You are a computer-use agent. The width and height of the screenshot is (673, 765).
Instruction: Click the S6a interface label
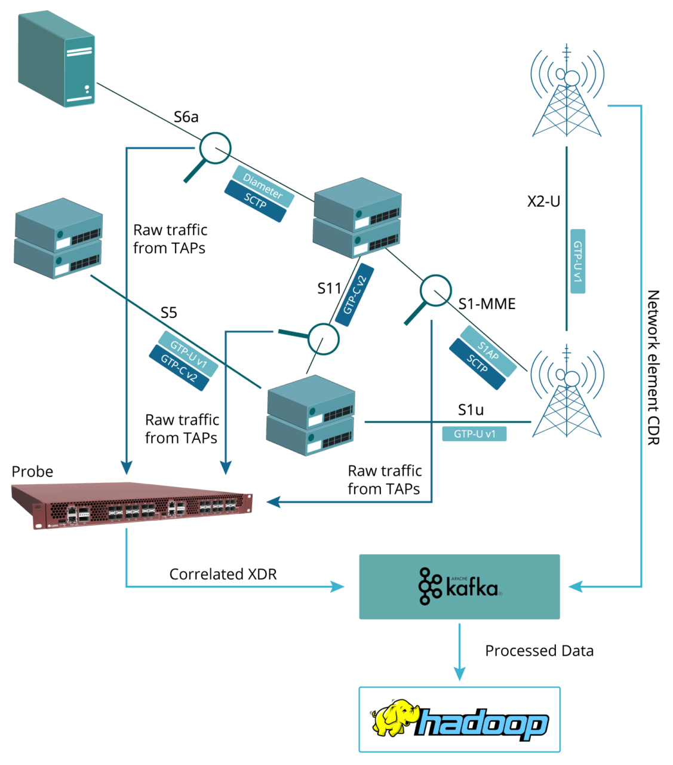click(186, 117)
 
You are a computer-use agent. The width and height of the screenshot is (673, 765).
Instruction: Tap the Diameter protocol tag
click(263, 186)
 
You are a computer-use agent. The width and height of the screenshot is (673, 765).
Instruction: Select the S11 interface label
click(329, 289)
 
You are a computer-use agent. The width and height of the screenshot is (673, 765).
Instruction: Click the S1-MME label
click(487, 304)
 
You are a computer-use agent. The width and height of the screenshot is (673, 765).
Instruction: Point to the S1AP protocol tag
click(488, 351)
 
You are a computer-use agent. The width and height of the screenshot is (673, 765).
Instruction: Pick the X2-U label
click(543, 201)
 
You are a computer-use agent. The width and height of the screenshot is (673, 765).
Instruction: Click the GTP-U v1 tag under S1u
click(474, 433)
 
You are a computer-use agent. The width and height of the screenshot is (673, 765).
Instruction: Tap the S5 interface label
click(168, 313)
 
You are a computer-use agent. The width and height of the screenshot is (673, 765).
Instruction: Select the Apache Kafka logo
click(460, 586)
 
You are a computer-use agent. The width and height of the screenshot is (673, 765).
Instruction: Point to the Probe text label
click(32, 472)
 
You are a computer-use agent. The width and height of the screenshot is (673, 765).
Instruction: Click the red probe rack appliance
click(131, 506)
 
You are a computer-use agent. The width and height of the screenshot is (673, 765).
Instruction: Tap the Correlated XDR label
click(223, 574)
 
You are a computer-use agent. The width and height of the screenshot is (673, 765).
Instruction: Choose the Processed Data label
click(539, 651)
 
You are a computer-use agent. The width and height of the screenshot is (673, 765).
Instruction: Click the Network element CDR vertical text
click(653, 367)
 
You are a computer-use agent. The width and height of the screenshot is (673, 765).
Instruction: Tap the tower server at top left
click(57, 59)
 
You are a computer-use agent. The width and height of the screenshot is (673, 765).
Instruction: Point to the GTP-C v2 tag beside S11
click(355, 295)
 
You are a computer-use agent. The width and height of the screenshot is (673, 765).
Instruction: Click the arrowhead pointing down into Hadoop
click(459, 674)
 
